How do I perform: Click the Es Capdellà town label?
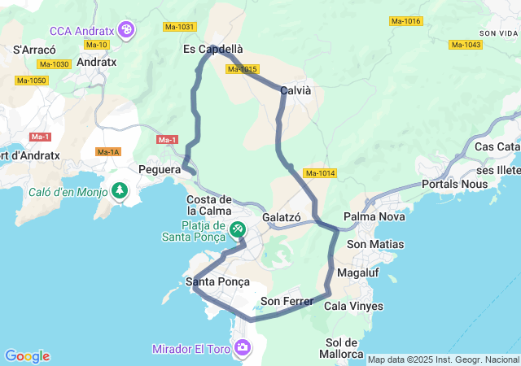coord(213,49)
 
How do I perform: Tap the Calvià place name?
coord(296,91)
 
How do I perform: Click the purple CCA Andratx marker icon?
coord(126,31)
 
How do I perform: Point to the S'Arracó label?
coord(33,50)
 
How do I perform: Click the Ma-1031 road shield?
coord(179,27)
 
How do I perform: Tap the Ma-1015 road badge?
coord(243,69)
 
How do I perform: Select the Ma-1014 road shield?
coord(320,173)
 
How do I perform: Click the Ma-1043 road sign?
coord(466,45)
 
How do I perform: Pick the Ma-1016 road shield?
coord(405,20)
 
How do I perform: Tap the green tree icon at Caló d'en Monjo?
coord(120,191)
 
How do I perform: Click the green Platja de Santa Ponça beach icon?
coord(237,229)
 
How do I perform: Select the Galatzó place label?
coord(282,218)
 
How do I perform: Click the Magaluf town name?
coord(357,272)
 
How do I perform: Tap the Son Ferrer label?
coord(287,302)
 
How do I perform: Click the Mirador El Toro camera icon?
coord(242,348)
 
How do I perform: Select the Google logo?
coord(27,356)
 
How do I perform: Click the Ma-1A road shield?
coord(108,152)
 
